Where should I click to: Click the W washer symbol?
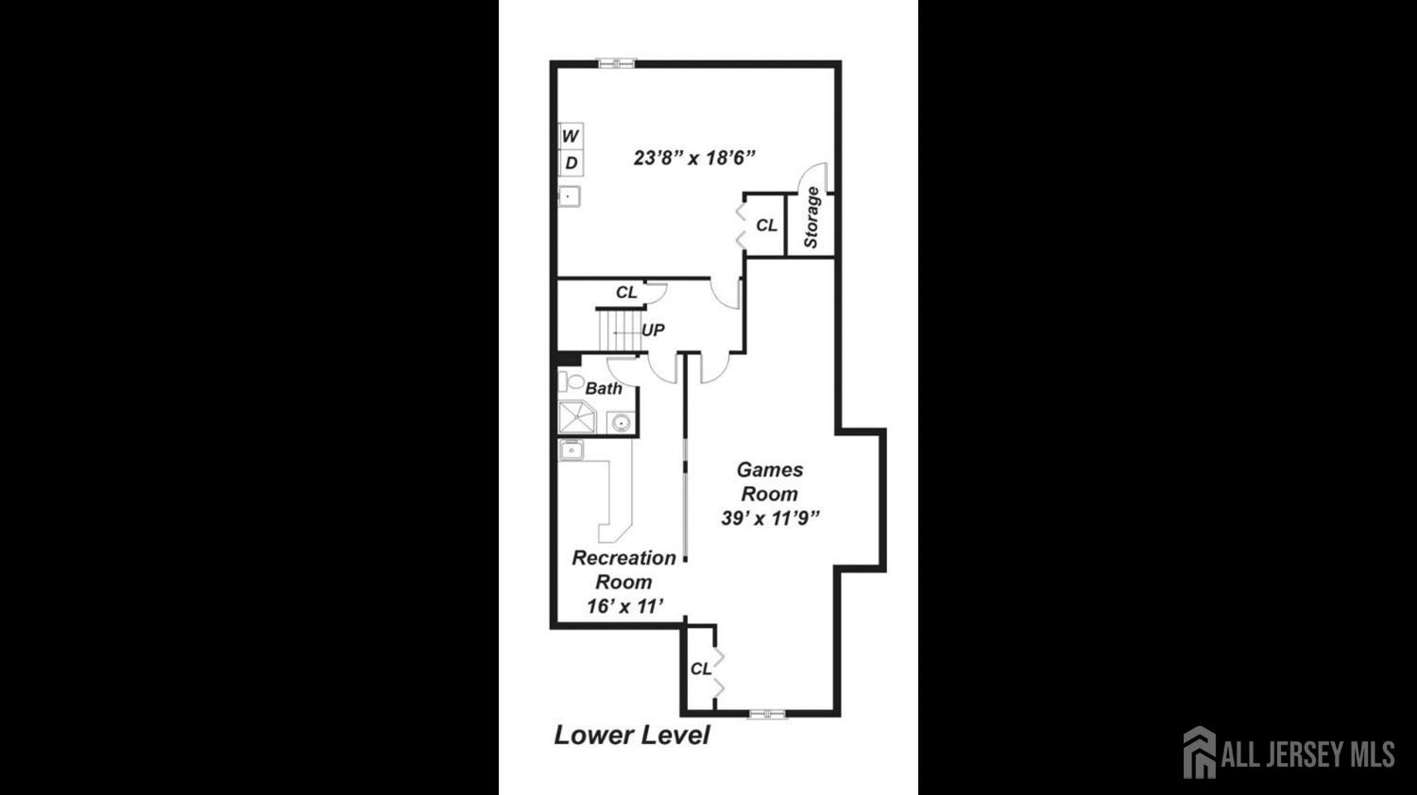tap(571, 136)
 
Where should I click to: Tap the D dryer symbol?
tap(571, 163)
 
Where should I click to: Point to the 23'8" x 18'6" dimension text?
tap(694, 158)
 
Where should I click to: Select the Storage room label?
tap(811, 217)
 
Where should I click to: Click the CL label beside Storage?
tap(767, 225)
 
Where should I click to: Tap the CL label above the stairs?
tap(626, 292)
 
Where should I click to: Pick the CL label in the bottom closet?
tap(700, 669)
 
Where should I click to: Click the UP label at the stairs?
tap(653, 330)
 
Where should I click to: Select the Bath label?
tap(604, 388)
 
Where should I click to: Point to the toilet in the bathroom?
tap(571, 381)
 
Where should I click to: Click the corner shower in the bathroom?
tap(577, 417)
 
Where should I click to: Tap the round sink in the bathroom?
tap(621, 422)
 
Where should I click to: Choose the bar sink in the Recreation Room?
tap(571, 450)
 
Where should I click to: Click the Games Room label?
tap(770, 482)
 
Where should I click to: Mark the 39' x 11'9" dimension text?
tap(770, 518)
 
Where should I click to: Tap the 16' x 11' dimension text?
tap(624, 606)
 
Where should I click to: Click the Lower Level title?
tap(632, 735)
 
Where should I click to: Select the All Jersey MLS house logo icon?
tap(1200, 752)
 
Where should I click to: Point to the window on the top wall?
tap(616, 63)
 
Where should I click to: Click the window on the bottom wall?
tap(767, 714)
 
